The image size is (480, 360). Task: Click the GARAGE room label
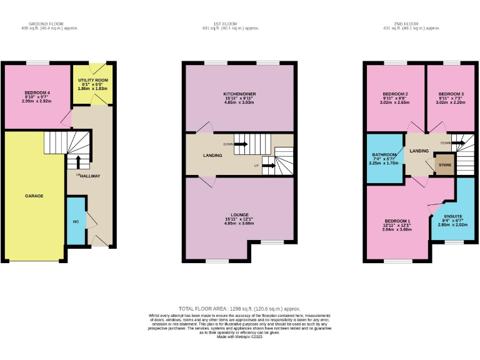coord(34,196)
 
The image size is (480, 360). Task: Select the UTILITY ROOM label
coord(92,81)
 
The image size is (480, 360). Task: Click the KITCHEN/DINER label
coord(239,94)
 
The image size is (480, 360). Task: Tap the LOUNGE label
coord(239,214)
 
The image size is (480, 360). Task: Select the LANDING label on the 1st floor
coord(212,155)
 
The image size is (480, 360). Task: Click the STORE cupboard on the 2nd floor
coord(444,166)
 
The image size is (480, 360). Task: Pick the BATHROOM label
coord(384,154)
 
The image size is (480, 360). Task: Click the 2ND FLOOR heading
coord(411,24)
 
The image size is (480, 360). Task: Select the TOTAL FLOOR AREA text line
coord(239,309)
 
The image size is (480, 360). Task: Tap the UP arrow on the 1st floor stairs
coord(268,166)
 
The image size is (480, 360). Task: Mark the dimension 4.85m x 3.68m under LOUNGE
coord(239,223)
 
